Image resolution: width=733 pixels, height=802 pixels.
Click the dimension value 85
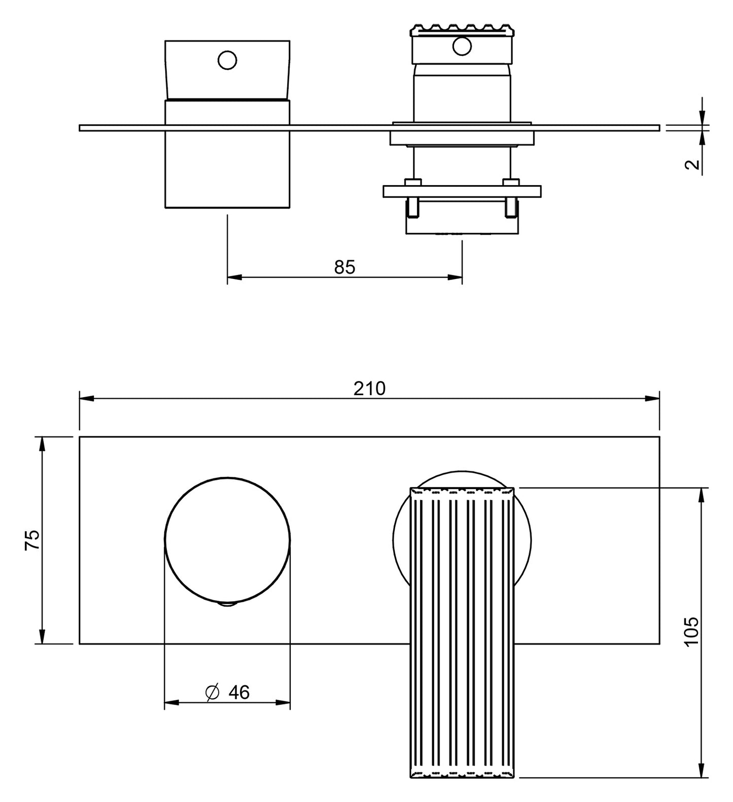(x=345, y=267)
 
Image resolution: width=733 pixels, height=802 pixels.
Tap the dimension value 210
(x=369, y=388)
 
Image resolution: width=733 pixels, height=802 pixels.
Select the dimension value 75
(x=31, y=540)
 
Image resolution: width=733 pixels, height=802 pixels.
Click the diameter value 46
(x=239, y=692)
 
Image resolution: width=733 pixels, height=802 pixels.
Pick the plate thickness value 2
(x=692, y=164)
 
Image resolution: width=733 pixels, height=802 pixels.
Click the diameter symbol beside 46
(x=213, y=692)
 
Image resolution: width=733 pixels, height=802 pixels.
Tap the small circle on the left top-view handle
(x=227, y=60)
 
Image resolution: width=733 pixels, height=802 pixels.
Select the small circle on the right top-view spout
(x=462, y=47)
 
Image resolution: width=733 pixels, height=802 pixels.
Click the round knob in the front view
(x=227, y=540)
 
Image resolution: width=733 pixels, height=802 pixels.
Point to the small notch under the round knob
(x=227, y=604)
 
